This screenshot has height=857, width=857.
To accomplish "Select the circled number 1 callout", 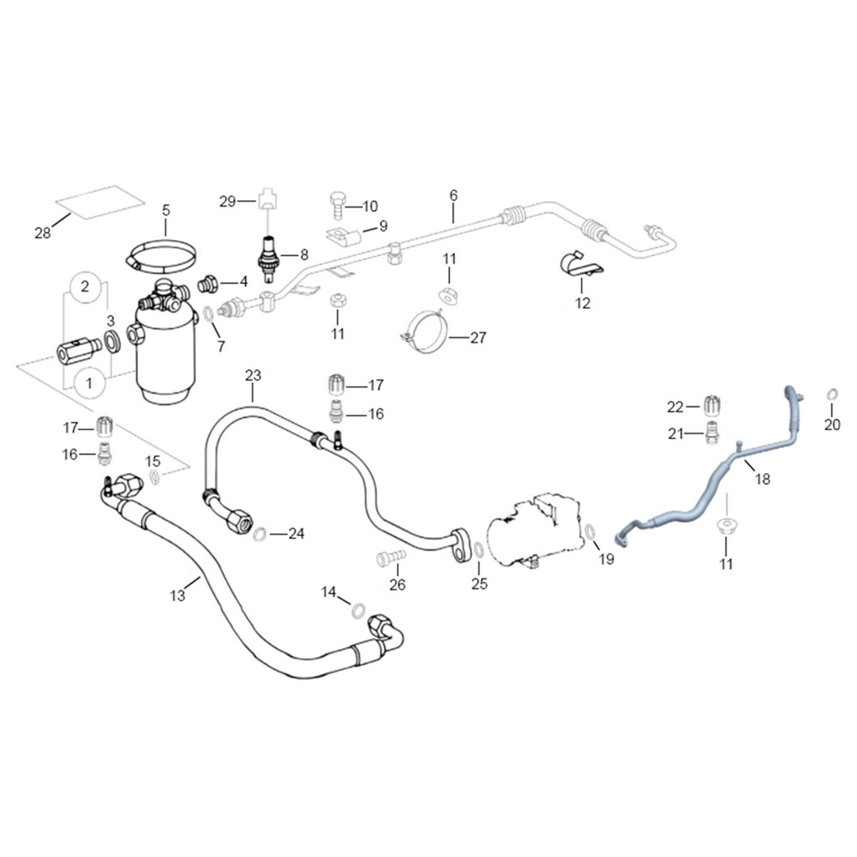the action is [x=89, y=383].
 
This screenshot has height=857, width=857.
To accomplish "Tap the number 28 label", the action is [x=43, y=233].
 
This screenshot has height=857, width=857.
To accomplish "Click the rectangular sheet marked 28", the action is [x=100, y=201].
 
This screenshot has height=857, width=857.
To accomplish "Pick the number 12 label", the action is [x=583, y=303].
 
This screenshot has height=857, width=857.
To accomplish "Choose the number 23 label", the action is [x=253, y=375].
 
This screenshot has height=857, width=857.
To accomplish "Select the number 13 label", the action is [x=178, y=595].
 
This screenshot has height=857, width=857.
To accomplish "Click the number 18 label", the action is [x=763, y=479].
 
